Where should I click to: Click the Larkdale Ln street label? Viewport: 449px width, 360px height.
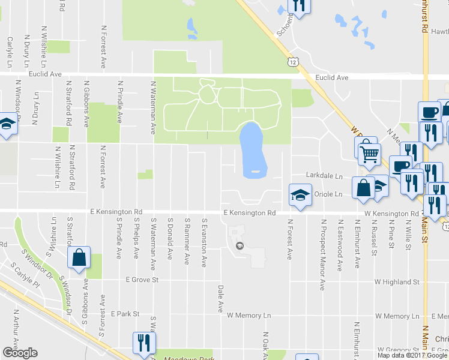pyautogui.click(x=324, y=176)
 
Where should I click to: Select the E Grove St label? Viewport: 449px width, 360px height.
pyautogui.click(x=142, y=280)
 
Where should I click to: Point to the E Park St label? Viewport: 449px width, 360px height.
pyautogui.click(x=125, y=314)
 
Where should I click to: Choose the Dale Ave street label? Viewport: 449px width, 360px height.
pyautogui.click(x=220, y=299)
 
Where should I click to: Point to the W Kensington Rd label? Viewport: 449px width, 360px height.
pyautogui.click(x=389, y=214)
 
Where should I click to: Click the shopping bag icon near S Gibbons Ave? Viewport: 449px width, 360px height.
pyautogui.click(x=79, y=257)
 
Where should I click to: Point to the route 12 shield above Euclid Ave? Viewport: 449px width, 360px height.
pyautogui.click(x=292, y=62)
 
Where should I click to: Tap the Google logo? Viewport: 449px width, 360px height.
pyautogui.click(x=19, y=353)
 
